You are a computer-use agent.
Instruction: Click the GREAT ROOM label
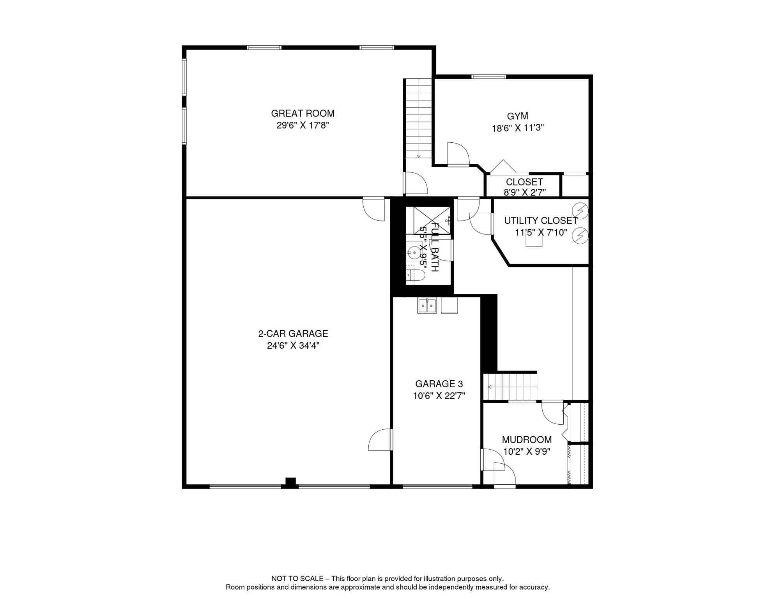tap(303, 113)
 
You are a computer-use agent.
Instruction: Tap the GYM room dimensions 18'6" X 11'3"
tap(517, 128)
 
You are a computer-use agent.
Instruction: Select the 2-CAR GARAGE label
tap(293, 334)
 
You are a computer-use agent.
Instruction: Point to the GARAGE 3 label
tap(439, 384)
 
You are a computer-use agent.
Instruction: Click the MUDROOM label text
tap(527, 440)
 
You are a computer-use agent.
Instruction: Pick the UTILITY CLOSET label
tap(541, 221)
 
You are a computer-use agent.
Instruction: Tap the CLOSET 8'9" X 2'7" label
tap(524, 187)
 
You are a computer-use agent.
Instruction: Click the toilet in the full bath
tap(415, 275)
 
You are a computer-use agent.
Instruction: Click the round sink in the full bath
tap(414, 253)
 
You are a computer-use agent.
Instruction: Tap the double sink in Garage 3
tap(427, 305)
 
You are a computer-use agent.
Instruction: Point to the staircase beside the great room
tap(419, 119)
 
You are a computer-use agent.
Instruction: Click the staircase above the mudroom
tap(510, 386)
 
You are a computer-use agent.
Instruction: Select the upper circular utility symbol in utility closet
tap(580, 211)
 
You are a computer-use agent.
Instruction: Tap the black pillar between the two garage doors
tap(290, 482)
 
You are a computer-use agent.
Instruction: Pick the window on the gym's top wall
tap(488, 76)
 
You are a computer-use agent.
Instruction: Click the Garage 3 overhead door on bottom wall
tap(437, 486)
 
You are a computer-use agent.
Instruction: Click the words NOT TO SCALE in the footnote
tap(297, 579)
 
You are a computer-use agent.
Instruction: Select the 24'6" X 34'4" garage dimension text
tap(293, 346)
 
